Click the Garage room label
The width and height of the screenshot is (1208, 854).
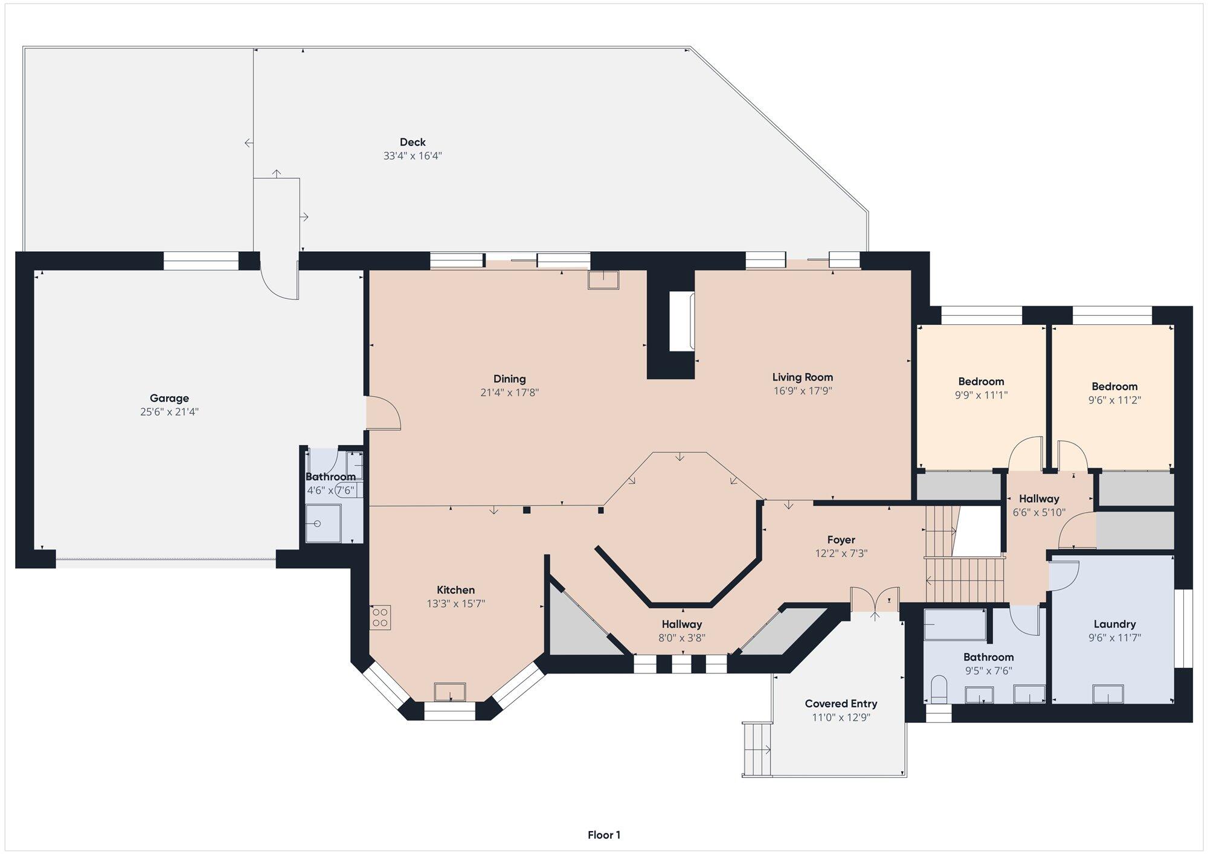169,398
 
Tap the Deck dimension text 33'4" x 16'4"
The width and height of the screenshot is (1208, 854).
413,156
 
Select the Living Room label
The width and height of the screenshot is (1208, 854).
803,377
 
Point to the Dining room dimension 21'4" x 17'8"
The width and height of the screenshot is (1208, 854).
509,393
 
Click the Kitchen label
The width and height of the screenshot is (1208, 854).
456,590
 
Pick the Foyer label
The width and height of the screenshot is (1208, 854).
841,540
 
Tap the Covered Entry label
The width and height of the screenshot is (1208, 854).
841,704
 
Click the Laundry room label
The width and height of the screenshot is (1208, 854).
1115,624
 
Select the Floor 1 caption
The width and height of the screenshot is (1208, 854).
604,835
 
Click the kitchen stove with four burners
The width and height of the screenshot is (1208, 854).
381,617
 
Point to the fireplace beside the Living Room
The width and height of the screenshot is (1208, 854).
683,321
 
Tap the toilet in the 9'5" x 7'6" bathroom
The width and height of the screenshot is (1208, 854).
939,690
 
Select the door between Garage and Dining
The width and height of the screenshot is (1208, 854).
383,413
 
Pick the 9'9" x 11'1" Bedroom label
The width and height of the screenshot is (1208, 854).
981,382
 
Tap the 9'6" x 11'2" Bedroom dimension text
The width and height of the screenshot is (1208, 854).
1114,400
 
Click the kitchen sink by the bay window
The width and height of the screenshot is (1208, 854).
450,692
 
